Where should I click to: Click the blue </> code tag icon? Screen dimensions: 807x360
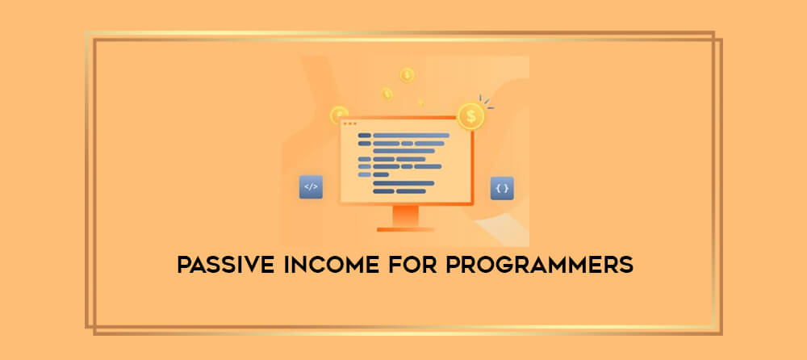311,187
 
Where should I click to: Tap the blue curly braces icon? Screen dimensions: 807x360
502,189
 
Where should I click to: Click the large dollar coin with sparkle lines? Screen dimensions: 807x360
471,116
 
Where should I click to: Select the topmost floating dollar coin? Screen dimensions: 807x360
407,75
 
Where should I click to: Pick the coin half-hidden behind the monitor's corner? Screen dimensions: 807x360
339,115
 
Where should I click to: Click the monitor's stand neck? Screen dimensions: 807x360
406,216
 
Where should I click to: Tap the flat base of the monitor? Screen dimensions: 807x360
406,229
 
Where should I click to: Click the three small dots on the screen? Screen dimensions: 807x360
349,123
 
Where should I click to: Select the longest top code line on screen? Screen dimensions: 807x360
411,136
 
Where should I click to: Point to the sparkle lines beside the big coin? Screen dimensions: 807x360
485,103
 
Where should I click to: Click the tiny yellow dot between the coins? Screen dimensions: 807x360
420,103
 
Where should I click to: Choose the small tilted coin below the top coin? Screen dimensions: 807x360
387,94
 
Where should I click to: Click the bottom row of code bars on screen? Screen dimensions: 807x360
399,191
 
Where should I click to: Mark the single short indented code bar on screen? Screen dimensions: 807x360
381,174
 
